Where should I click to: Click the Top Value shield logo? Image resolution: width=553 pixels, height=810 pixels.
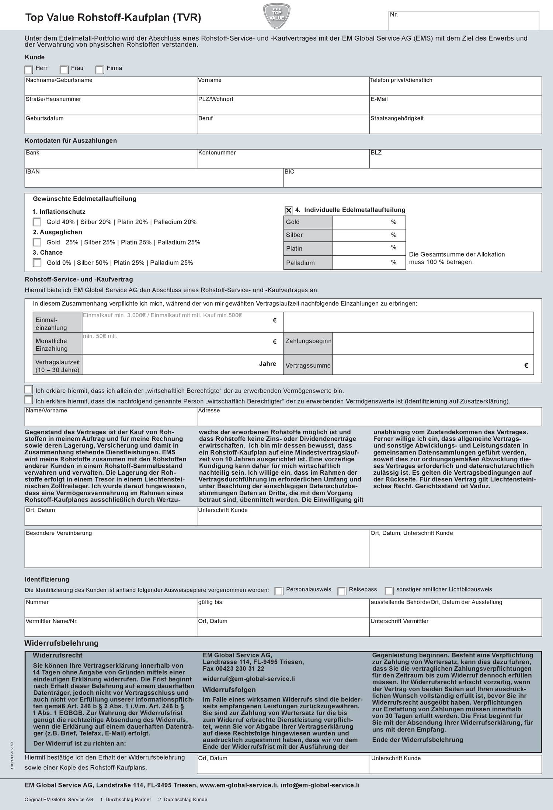276,16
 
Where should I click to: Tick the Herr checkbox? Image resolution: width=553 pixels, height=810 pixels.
28,70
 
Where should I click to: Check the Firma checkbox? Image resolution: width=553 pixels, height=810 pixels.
100,70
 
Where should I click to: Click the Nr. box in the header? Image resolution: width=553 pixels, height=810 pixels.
463,21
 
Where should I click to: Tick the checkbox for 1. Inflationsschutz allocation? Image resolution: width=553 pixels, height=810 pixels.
37,222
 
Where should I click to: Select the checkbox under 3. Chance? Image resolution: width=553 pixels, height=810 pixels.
37,263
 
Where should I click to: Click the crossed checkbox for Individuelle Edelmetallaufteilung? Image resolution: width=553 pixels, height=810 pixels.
289,210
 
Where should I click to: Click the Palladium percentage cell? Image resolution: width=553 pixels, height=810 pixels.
369,263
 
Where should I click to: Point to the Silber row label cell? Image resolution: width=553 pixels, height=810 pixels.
308,235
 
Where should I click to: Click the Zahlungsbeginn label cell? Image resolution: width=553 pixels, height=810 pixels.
308,341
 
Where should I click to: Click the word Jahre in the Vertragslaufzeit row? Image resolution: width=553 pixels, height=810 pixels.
267,364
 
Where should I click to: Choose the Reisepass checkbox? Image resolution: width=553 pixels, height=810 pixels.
342,591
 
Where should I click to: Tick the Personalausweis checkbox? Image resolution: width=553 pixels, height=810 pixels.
279,591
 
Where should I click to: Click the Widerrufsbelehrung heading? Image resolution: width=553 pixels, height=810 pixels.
62,643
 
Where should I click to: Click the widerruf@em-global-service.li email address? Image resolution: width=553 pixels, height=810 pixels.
248,679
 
